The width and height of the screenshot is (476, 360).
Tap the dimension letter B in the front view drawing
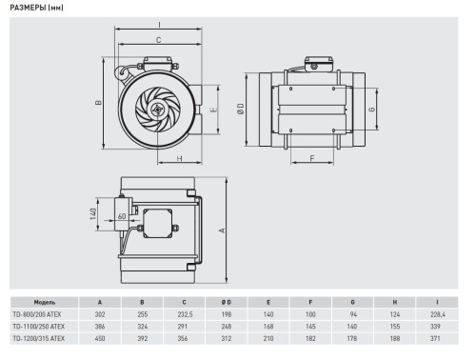click(100, 103)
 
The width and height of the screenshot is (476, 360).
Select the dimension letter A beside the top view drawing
click(223, 230)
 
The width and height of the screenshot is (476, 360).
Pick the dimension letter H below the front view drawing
click(179, 159)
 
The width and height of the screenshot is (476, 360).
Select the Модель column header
click(30, 301)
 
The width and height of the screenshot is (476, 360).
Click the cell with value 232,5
click(198, 313)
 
